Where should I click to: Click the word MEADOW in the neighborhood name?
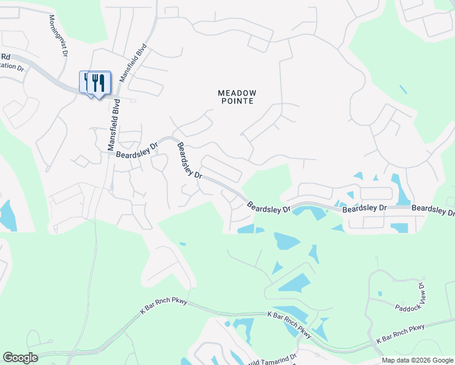pos(237,93)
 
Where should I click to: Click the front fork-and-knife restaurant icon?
pos(99,82)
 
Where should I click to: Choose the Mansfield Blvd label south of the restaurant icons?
pos(114,125)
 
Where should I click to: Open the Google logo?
pos(20,358)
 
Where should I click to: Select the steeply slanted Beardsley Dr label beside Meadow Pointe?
pos(189,160)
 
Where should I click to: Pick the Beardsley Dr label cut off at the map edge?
pos(433,210)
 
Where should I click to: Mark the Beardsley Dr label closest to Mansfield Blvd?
pos(137,150)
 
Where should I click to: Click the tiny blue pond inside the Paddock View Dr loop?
pos(380,294)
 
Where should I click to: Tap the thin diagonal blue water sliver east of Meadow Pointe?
pos(403,89)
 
